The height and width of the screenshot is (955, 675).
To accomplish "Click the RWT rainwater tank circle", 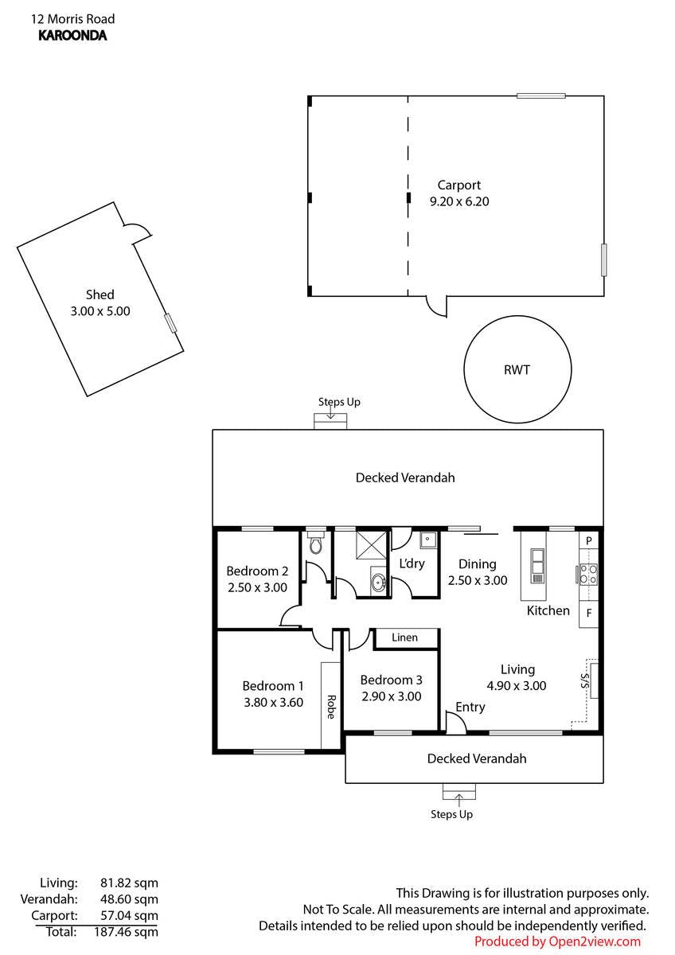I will click(x=517, y=369).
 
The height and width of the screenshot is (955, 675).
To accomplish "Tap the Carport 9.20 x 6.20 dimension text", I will click(x=459, y=201).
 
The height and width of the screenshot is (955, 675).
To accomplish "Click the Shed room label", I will click(x=100, y=294).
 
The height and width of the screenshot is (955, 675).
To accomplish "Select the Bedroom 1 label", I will click(x=273, y=685).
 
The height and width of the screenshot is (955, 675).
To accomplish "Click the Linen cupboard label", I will click(x=405, y=637).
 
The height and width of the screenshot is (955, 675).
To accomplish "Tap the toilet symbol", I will click(x=316, y=544).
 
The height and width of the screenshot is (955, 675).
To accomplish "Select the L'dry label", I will click(x=412, y=563).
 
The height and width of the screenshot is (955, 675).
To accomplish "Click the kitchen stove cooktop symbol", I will click(x=589, y=574).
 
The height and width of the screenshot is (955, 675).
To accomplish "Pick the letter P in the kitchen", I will click(x=589, y=540).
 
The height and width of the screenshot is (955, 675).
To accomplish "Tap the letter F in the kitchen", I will click(x=589, y=613).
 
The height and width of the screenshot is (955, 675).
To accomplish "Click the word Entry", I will click(x=470, y=707).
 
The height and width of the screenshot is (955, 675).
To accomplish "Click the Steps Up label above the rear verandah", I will click(x=339, y=402).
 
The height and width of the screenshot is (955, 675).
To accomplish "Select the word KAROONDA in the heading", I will click(x=72, y=35).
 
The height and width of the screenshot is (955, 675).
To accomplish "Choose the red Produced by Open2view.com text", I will click(x=557, y=941).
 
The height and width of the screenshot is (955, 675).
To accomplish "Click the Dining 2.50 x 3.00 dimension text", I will click(x=478, y=580).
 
